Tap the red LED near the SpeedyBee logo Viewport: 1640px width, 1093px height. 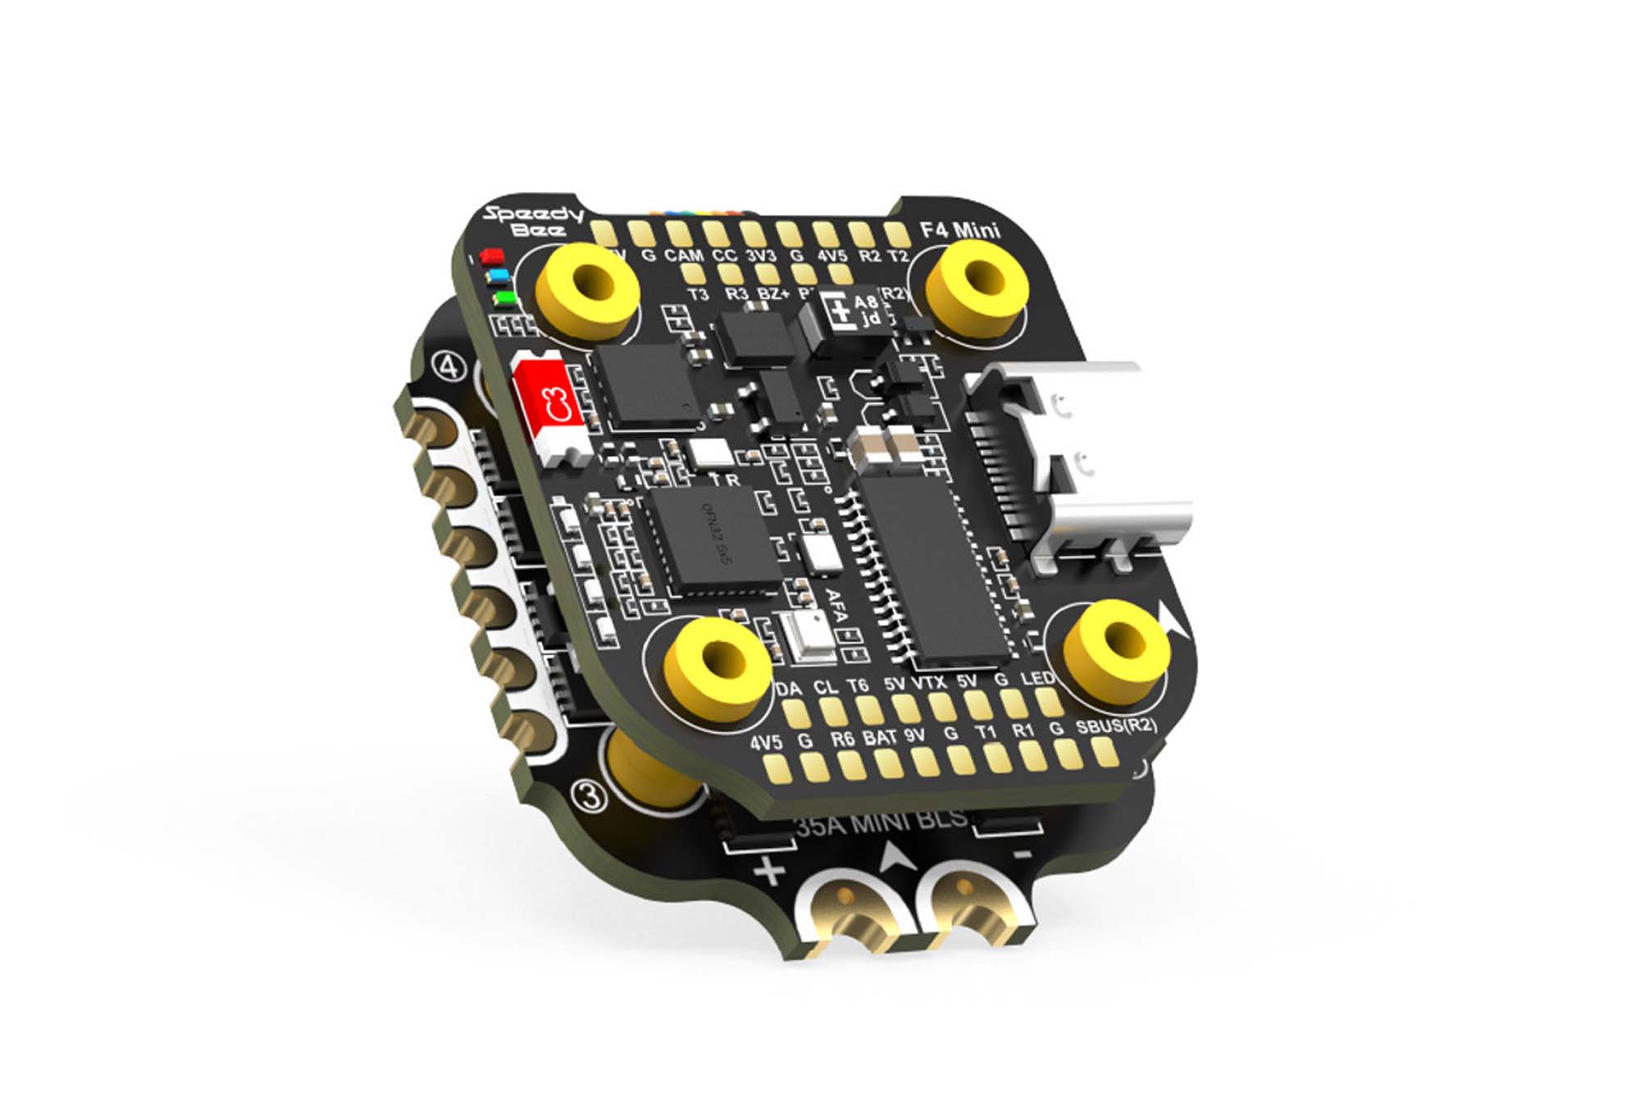(x=492, y=257)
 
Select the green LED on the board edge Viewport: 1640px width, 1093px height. (x=503, y=297)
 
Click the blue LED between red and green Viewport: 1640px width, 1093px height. (x=497, y=277)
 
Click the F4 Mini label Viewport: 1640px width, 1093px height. (x=960, y=230)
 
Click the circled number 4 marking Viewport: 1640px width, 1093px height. (x=449, y=367)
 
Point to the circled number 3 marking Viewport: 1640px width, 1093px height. (x=589, y=795)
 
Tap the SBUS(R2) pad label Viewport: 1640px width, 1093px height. (x=1116, y=726)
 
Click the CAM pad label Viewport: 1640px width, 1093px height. (x=684, y=256)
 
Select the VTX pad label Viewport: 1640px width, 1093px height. (x=928, y=682)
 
